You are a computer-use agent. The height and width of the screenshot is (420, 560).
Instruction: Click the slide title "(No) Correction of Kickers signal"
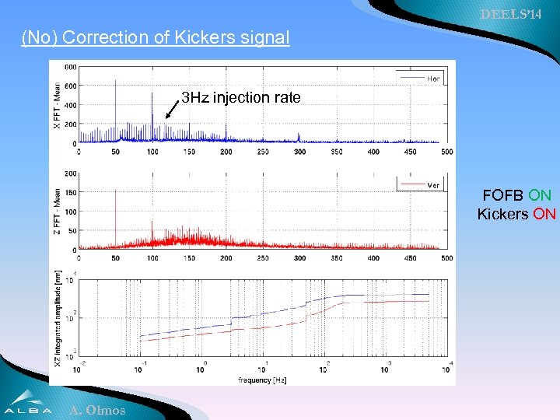(156, 37)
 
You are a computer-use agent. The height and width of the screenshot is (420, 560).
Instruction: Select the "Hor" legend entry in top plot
(433, 79)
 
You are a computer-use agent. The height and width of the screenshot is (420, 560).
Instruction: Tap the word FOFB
(504, 195)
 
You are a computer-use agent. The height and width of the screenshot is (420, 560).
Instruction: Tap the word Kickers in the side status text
(502, 213)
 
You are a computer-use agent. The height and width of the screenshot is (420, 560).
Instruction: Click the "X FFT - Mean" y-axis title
(57, 105)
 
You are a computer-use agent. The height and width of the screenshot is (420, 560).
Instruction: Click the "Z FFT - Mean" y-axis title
(57, 212)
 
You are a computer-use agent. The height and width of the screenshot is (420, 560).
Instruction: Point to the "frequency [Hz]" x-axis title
(262, 380)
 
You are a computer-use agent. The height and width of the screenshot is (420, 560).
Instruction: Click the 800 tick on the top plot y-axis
(71, 67)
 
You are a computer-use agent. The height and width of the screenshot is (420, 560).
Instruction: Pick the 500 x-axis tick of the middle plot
(446, 258)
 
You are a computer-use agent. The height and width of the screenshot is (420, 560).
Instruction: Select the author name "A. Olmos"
(97, 410)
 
